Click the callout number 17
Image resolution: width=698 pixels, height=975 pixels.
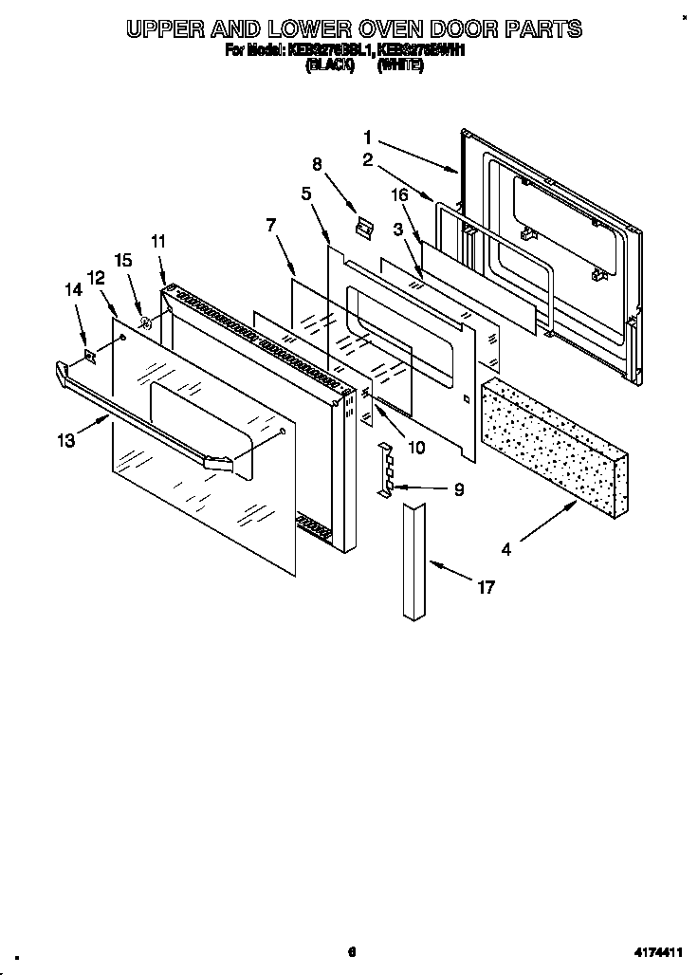click(485, 588)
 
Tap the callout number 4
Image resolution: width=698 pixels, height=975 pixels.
click(506, 547)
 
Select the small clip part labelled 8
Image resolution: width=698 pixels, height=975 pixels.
click(361, 226)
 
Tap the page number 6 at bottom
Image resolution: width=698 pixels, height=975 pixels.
click(351, 952)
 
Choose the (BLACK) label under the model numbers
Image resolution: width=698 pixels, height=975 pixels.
click(329, 65)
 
